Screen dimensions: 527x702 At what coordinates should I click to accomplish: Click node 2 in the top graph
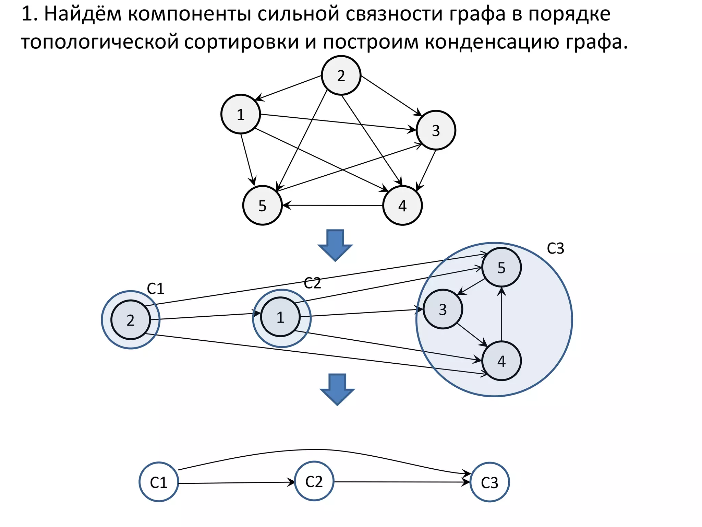coord(341,75)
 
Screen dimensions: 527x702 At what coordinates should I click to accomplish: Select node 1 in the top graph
coord(241,114)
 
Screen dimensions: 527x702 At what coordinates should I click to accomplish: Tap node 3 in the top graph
coord(436,130)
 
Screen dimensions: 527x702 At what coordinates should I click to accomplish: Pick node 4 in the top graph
coord(402,206)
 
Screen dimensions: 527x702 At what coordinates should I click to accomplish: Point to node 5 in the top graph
coord(263,206)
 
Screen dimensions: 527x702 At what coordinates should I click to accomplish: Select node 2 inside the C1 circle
coord(131,320)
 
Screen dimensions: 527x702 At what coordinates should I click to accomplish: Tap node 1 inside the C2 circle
coord(280,317)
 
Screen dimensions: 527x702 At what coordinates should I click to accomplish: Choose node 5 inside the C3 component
coord(501,267)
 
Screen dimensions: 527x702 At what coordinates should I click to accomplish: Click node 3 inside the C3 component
coord(443,309)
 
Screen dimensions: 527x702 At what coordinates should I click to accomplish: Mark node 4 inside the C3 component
coord(501,361)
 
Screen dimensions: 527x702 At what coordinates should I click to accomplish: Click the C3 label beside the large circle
coord(555,248)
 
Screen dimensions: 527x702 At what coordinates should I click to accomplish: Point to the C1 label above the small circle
coord(156,289)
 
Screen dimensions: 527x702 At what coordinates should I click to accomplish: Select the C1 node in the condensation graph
coord(159,482)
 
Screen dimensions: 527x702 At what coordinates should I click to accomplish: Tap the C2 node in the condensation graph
coord(314,481)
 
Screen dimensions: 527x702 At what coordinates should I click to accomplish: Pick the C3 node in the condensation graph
coord(489,482)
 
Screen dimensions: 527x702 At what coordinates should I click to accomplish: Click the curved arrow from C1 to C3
coord(319,449)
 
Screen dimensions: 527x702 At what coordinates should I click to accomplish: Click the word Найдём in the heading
coord(83,14)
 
